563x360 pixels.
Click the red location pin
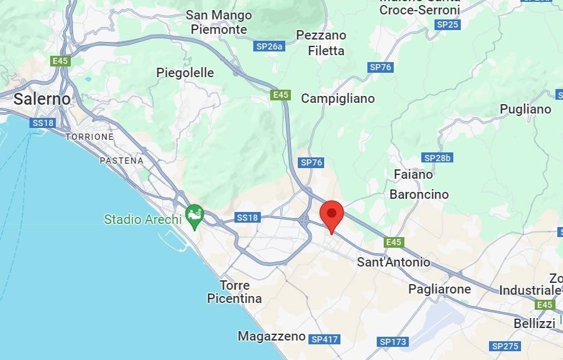pos(332,216)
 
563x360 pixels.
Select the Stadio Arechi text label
pos(142,220)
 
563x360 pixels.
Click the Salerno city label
pos(42,99)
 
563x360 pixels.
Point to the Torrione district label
pos(90,137)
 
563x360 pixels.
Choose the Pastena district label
pos(122,161)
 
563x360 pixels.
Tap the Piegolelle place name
pos(185,73)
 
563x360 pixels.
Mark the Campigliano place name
pos(338,98)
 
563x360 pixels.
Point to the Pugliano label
pos(525,109)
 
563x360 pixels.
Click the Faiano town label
pos(413,174)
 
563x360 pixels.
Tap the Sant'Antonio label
pos(394,262)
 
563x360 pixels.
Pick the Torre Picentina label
pos(234,292)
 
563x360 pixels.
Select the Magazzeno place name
pos(271,336)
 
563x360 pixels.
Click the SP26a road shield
pos(270,46)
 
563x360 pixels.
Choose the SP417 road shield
pos(324,339)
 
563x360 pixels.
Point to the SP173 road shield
pos(393,342)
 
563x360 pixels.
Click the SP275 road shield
pos(505,346)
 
